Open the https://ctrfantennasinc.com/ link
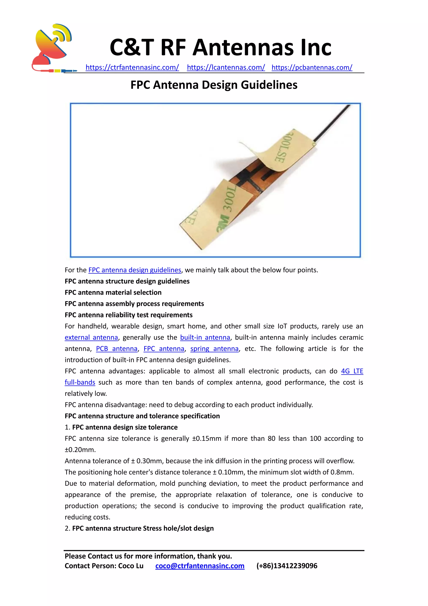(x=132, y=68)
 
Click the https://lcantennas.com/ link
(x=226, y=68)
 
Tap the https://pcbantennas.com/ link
(x=312, y=68)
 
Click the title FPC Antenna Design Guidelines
(x=214, y=85)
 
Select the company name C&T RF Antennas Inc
(x=220, y=48)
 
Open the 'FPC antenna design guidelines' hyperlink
(x=135, y=270)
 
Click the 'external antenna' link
(x=91, y=338)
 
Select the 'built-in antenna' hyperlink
(x=205, y=338)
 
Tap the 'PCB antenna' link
(x=116, y=349)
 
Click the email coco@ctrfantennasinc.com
(x=200, y=566)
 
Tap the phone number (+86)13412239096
(x=287, y=566)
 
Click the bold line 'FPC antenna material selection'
(x=113, y=293)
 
